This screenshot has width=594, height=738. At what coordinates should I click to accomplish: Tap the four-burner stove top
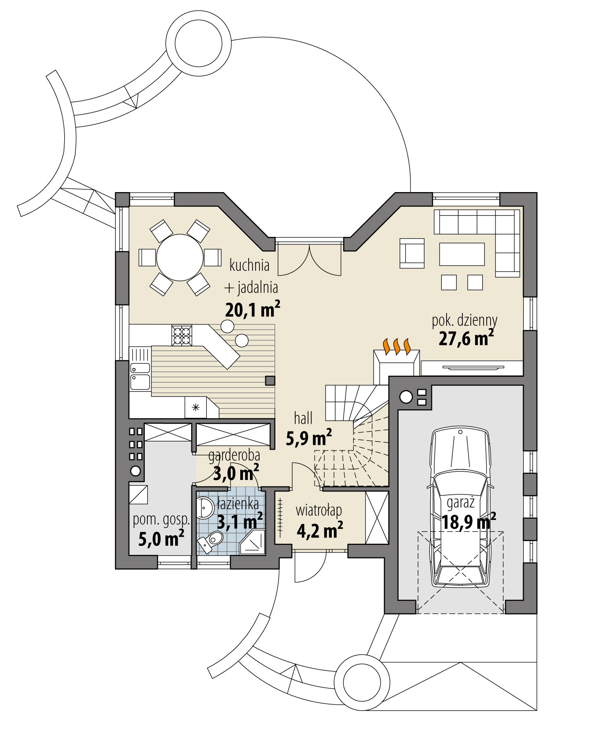[x=182, y=335]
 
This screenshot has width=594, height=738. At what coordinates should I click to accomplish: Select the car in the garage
[x=460, y=508]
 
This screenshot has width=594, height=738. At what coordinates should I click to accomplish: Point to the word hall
[x=303, y=418]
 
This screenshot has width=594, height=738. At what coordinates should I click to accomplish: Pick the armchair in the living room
[x=412, y=253]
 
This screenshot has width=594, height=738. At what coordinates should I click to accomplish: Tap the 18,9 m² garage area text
[x=469, y=522]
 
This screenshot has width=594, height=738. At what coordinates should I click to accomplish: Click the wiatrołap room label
[x=319, y=510]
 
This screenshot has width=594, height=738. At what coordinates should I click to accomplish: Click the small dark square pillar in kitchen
[x=270, y=380]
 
